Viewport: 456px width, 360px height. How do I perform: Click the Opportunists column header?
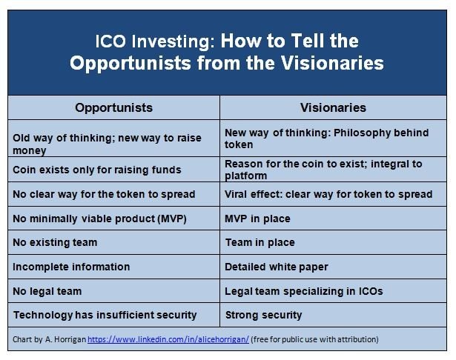[x=113, y=107]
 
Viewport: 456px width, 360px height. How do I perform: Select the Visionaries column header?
[x=333, y=107]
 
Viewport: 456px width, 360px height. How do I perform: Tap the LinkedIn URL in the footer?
[x=168, y=339]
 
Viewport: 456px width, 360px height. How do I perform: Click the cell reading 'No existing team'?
[x=113, y=242]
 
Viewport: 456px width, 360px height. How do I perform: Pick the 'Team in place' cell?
[x=333, y=242]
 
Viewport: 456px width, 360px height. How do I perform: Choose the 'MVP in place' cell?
[x=333, y=219]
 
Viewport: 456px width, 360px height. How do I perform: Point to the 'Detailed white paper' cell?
[x=333, y=267]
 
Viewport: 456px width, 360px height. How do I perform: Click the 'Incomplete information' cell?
[x=113, y=267]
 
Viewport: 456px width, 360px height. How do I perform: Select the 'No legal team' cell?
[x=113, y=291]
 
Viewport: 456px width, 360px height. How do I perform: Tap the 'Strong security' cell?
[x=333, y=315]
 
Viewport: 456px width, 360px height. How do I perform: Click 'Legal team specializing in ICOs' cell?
[x=333, y=291]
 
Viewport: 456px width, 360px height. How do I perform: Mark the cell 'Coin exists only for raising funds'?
[x=113, y=170]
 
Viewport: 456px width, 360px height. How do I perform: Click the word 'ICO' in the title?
[x=110, y=41]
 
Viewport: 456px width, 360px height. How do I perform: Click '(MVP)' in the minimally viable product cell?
[x=172, y=219]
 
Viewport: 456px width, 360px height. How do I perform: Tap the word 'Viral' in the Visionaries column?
[x=236, y=194]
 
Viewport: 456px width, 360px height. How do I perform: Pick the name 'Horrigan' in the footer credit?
[x=70, y=339]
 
